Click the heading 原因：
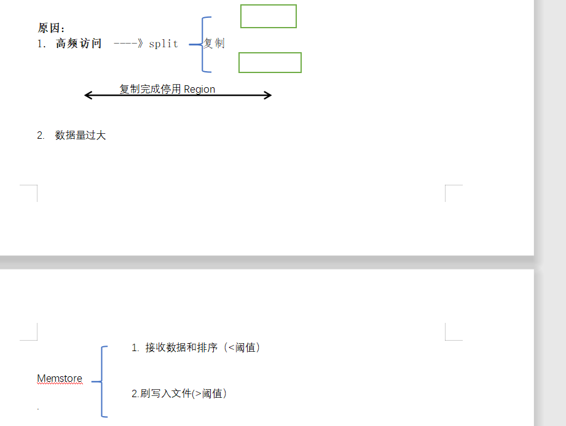coord(51,28)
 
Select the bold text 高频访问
coord(79,44)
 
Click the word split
coord(163,44)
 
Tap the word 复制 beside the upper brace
coord(214,44)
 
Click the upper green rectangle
coord(268,16)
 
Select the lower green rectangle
coord(270,63)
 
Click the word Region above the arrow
coord(199,90)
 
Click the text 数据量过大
coord(81,135)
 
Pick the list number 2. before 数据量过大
coord(41,135)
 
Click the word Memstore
coord(60,379)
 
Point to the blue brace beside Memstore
coord(101,381)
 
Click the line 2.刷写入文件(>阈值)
coord(179,393)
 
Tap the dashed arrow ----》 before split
coord(128,44)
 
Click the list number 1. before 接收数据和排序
coord(135,348)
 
